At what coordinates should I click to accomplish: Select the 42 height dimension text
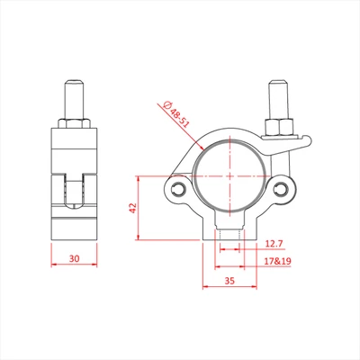pos(132,208)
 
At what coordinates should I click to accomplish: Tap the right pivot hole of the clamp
pos(284,189)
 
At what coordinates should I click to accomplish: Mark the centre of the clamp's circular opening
pos(231,175)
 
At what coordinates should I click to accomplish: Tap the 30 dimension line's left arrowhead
pos(51,266)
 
